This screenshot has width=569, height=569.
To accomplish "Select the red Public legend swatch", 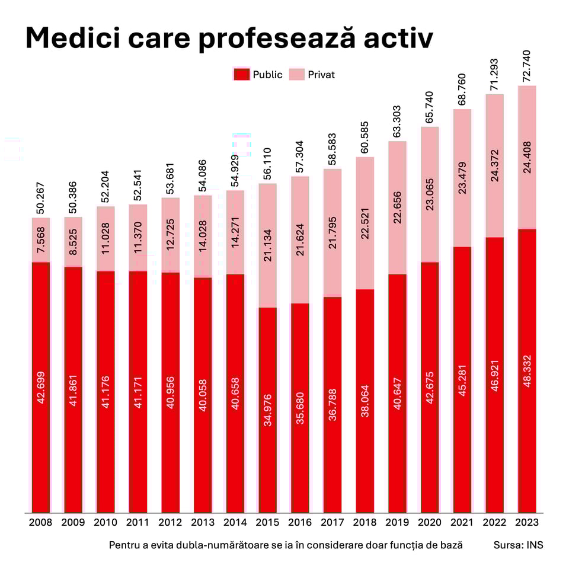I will click(x=241, y=75).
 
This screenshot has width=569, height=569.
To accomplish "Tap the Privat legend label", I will click(x=321, y=75).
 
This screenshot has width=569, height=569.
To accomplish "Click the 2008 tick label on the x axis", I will click(x=40, y=523).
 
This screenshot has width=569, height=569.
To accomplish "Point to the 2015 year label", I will click(x=267, y=523).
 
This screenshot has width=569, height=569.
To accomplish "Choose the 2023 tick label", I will click(x=527, y=523).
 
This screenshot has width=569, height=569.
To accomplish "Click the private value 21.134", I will click(x=267, y=245).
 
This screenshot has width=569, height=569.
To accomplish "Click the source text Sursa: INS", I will click(x=518, y=545).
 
